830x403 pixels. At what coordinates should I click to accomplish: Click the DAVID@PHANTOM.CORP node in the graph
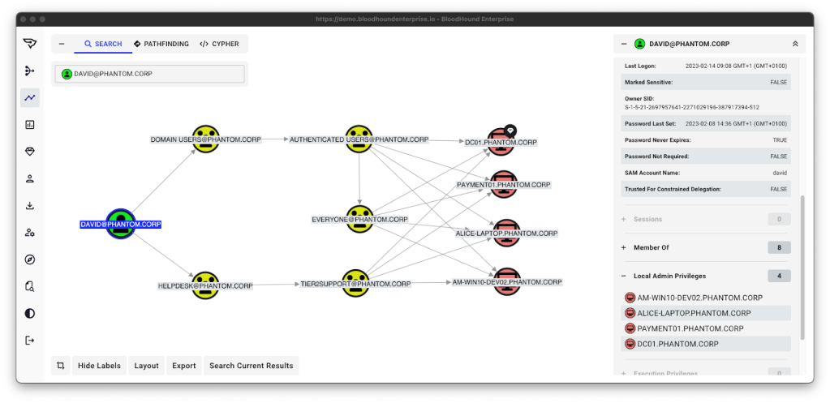coord(120,223)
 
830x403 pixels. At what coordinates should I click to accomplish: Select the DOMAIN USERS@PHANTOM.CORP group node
coord(206,139)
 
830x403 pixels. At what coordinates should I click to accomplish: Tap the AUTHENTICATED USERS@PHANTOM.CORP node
coord(359,139)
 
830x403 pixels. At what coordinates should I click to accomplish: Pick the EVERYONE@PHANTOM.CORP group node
coord(359,218)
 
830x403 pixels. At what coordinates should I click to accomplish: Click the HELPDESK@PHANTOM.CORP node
coord(206,285)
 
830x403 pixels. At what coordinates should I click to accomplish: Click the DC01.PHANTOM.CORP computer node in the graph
coord(502,142)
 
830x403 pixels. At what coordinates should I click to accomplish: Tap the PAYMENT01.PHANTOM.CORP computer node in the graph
coord(504,184)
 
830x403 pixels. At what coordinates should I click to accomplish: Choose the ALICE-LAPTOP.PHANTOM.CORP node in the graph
coord(506,232)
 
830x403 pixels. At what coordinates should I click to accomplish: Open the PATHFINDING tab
coord(161,44)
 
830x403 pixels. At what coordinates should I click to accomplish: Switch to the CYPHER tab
coord(219,44)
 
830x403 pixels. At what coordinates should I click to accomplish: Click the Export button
coord(184,366)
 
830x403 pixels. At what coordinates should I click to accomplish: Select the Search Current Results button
coord(251,366)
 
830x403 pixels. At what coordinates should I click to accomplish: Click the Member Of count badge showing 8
coord(779,247)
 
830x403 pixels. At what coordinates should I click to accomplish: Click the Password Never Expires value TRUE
coord(780,140)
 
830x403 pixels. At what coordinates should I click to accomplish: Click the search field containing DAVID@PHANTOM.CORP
coord(149,74)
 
